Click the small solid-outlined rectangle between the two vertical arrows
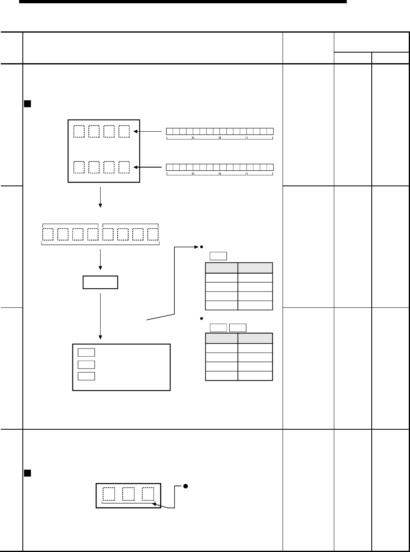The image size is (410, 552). tap(100, 283)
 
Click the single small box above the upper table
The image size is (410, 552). tap(218, 256)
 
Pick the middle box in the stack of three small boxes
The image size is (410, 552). tap(86, 364)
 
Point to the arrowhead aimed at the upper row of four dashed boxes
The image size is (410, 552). tap(137, 132)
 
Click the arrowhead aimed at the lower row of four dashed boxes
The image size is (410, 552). tap(137, 167)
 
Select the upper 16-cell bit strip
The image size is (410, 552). tap(220, 131)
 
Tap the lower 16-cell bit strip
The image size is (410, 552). tap(220, 167)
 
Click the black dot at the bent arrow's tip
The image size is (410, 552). tap(201, 247)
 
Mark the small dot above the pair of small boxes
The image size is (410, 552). tap(201, 318)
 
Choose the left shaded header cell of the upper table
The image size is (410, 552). tap(221, 268)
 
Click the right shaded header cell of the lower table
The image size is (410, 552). tap(255, 338)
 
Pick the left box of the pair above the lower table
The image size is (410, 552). tap(218, 327)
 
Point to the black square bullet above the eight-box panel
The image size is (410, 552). tap(27, 104)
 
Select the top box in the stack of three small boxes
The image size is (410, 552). tap(86, 353)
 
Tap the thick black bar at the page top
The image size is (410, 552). tap(183, 2)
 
